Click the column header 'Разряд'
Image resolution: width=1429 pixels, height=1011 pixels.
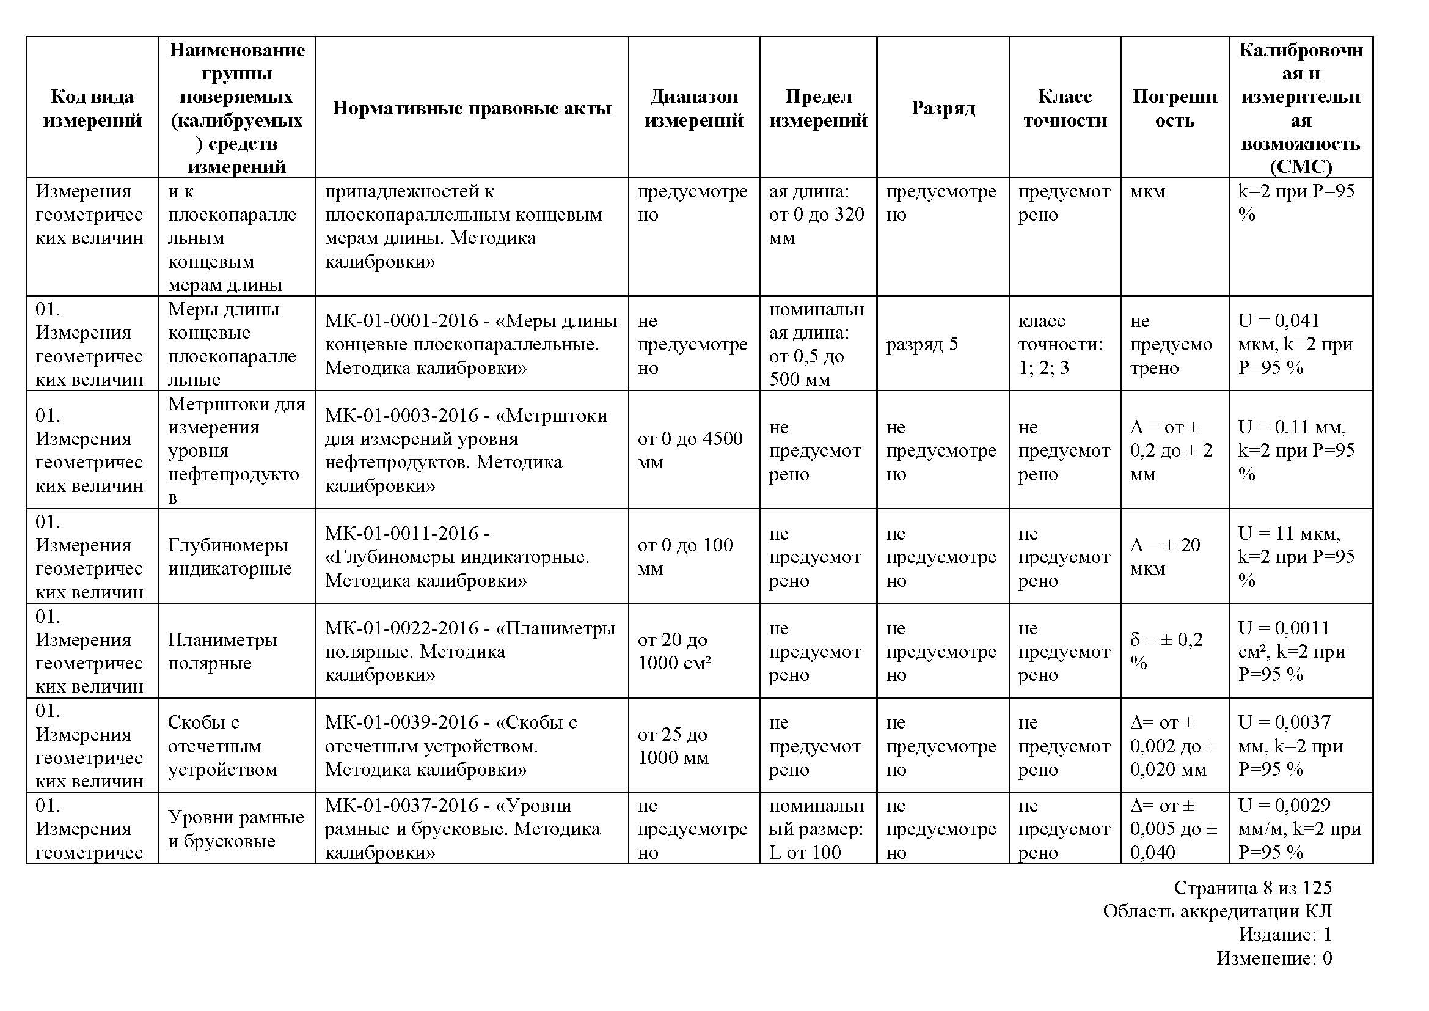[942, 108]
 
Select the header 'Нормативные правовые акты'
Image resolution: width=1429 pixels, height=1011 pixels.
[472, 108]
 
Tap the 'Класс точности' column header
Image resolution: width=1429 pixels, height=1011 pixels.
[1064, 108]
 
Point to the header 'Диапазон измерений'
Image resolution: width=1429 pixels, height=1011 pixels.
[693, 108]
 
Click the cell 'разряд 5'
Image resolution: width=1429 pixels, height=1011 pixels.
[922, 344]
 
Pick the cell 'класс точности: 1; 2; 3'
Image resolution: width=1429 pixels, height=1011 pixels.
[1060, 344]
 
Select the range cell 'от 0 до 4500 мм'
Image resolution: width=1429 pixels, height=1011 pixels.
[690, 450]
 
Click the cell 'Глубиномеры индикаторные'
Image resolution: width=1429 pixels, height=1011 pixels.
[229, 557]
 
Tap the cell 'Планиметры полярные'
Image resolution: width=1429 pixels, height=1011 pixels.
[222, 651]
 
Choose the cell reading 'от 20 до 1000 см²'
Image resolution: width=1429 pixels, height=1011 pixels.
[674, 651]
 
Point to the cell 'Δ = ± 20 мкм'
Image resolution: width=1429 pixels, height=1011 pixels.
[1164, 557]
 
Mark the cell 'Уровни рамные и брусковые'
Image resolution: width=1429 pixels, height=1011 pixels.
[236, 829]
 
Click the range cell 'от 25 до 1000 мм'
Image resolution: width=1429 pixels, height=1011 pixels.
[673, 746]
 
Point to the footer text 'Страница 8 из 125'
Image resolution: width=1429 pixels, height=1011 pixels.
[1252, 887]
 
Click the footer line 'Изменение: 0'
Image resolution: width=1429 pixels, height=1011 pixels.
[1273, 958]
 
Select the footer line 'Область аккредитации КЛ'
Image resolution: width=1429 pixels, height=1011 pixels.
[1217, 911]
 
